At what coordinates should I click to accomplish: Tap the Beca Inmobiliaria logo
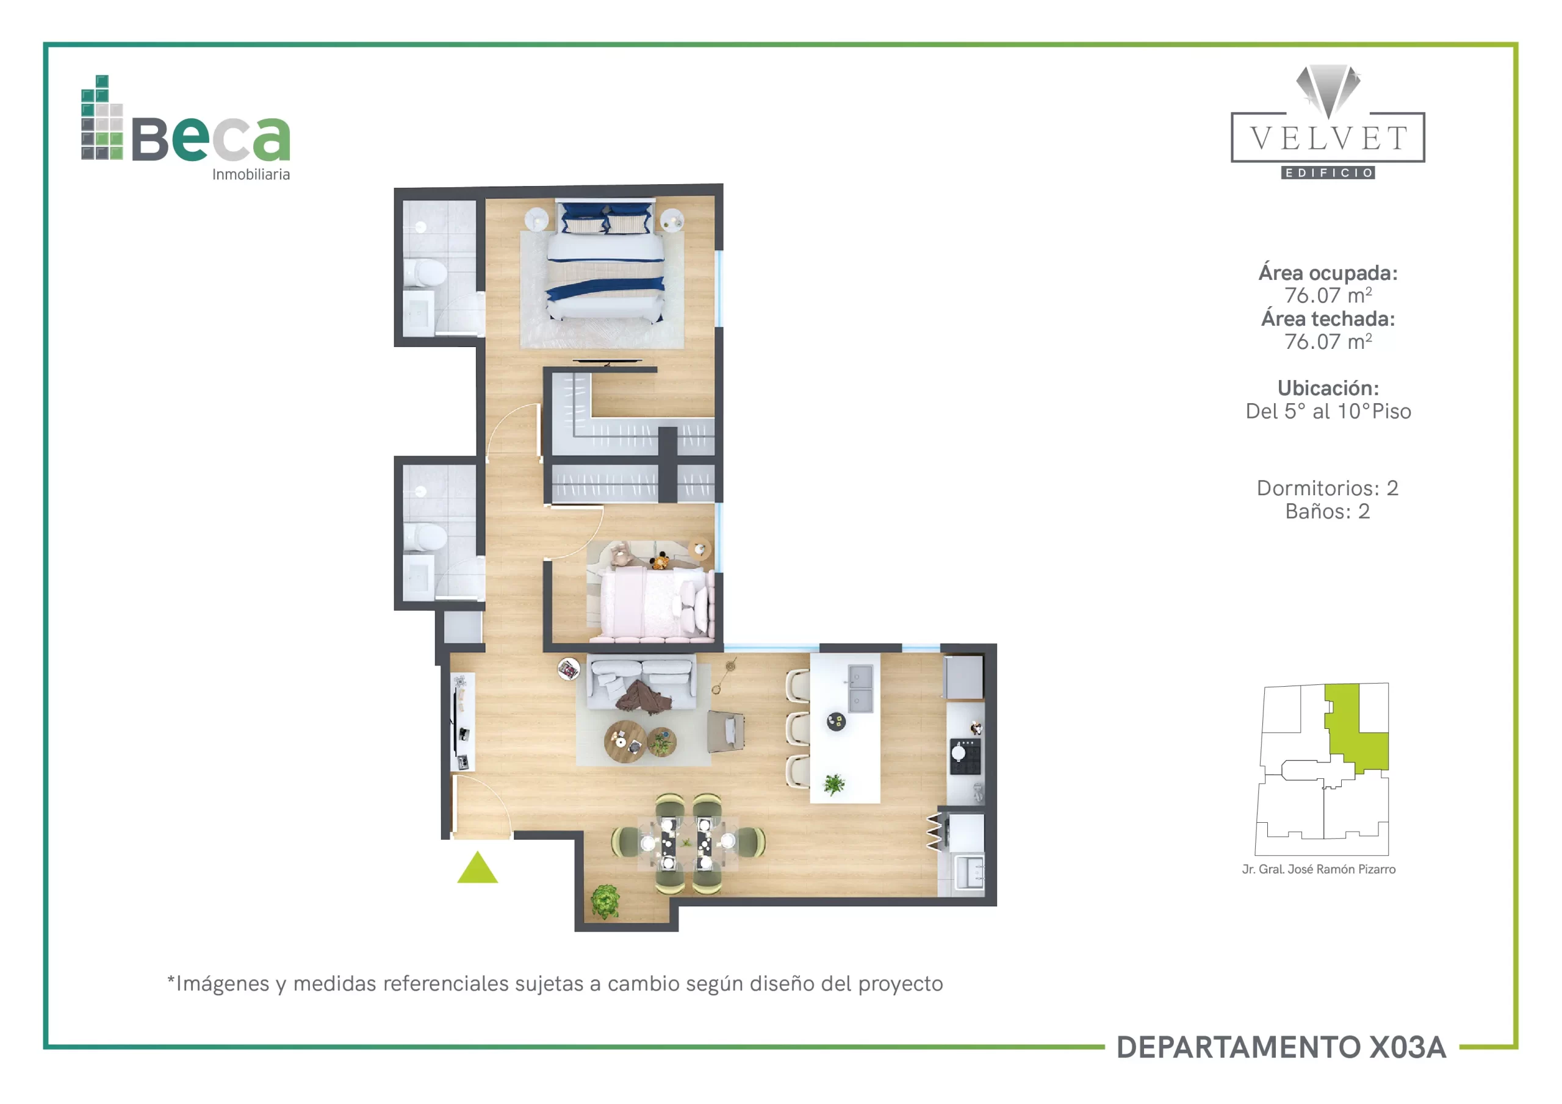tap(185, 128)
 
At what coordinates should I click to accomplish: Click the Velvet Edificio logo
tap(1327, 122)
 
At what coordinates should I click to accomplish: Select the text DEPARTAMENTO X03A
tap(1281, 1047)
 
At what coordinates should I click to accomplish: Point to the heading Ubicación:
tap(1328, 388)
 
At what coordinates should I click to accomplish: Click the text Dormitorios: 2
tap(1327, 488)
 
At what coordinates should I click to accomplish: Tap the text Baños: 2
tap(1327, 511)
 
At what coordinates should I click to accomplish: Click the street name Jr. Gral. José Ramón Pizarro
tap(1319, 869)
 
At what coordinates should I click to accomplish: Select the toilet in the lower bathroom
tap(425, 537)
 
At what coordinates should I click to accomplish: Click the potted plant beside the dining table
tap(605, 901)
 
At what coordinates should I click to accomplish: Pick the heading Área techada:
tap(1328, 318)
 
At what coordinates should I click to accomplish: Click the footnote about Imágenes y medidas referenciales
tap(555, 984)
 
